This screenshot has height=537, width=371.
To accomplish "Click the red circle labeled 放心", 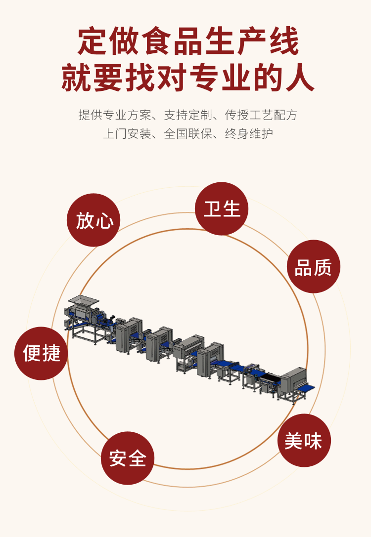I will tap(93, 220).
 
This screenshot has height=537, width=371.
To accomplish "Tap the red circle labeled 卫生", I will tap(222, 208).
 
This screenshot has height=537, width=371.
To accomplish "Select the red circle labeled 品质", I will tap(314, 267).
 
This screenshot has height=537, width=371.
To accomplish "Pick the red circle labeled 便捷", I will tap(41, 353).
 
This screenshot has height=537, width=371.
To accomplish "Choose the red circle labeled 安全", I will tap(128, 458).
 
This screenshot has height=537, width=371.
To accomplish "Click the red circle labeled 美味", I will tap(304, 440).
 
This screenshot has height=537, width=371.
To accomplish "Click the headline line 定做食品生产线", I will tap(187, 42).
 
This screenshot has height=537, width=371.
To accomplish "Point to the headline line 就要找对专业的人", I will tap(187, 78).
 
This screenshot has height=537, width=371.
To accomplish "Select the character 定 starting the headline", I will tap(91, 42).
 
